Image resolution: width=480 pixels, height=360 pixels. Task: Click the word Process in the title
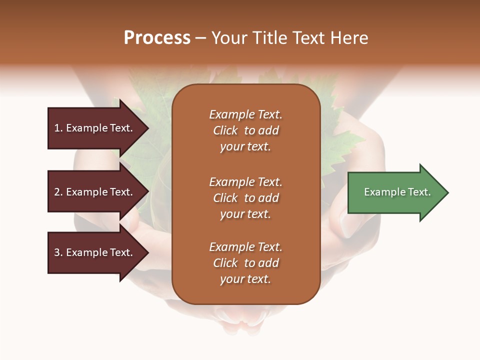coord(157,38)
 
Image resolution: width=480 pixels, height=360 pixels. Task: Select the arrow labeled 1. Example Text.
coord(95,128)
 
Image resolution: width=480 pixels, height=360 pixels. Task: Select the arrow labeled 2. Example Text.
coord(95,192)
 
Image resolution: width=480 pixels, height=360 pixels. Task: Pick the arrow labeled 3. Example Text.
coord(95,252)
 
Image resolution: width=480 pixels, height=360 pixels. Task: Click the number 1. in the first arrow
coord(58,128)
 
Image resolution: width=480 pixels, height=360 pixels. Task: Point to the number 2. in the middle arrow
coord(58,192)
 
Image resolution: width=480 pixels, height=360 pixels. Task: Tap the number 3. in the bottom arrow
coord(58,252)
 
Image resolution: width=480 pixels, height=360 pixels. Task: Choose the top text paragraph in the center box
coord(245,130)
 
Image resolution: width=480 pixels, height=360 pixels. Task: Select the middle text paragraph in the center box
coord(245,198)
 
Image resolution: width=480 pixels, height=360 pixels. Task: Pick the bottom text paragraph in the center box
coord(245,263)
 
